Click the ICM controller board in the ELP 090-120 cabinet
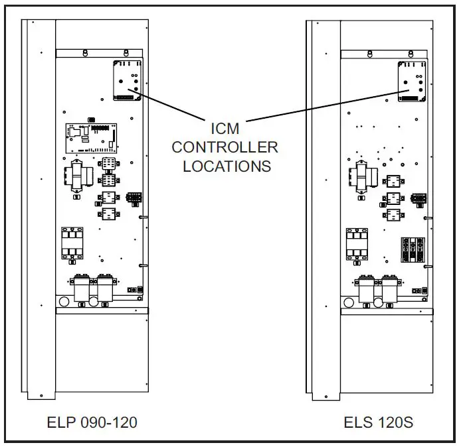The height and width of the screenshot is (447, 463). point(126,80)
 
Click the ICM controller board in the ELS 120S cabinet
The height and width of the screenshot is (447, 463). point(411,81)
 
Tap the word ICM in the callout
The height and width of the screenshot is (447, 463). point(225,127)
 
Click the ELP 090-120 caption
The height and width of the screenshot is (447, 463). point(93,422)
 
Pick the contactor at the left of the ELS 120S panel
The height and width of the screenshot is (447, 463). point(356,245)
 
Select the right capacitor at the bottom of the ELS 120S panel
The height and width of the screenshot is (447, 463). point(389,289)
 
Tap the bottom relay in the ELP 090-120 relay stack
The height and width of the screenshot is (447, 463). point(108,214)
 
